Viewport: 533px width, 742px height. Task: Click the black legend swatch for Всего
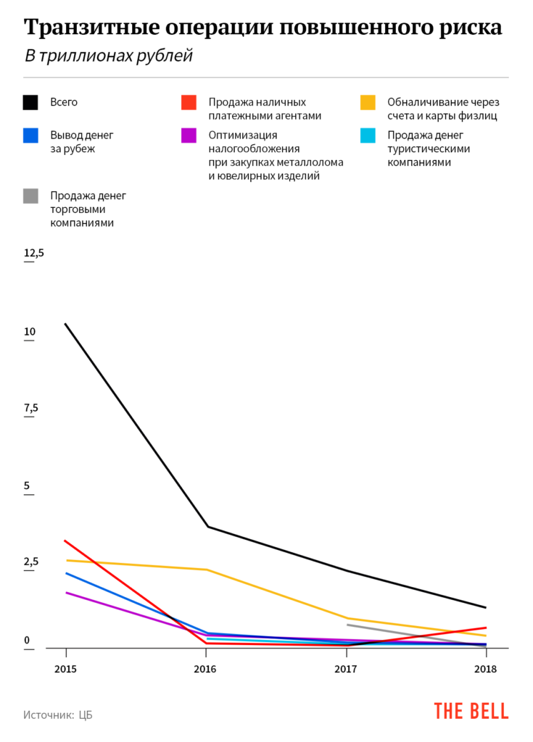coord(30,102)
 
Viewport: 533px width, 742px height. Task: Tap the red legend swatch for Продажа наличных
coord(189,102)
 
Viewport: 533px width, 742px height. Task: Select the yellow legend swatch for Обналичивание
coord(368,102)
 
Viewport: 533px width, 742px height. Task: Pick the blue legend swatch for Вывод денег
coord(30,136)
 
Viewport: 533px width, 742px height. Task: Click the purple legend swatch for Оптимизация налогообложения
coord(189,136)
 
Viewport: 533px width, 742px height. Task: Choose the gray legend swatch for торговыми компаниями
coord(30,196)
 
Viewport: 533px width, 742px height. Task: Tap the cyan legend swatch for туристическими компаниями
coord(368,136)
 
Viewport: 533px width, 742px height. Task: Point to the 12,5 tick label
coord(34,253)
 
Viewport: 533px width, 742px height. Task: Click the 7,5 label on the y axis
coord(30,408)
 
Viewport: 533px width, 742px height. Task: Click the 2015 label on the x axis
coord(66,669)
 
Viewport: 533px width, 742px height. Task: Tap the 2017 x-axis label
coord(346,669)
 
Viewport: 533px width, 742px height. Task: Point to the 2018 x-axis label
coord(485,669)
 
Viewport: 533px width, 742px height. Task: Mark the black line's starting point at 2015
coord(66,324)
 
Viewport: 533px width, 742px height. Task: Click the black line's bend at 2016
coord(208,526)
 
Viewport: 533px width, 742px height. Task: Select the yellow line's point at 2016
coord(208,570)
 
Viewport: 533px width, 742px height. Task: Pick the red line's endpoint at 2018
coord(486,628)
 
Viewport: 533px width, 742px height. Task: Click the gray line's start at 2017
coord(347,625)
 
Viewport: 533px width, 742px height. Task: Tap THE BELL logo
coord(471,711)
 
